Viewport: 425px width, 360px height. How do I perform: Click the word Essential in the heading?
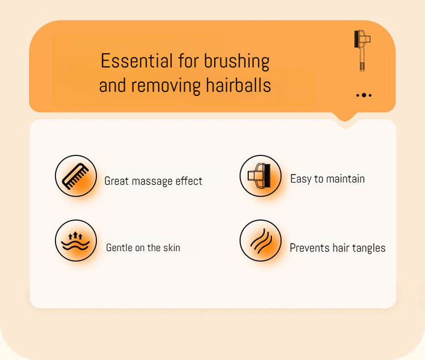tap(137, 61)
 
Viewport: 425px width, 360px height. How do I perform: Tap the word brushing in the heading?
tap(237, 62)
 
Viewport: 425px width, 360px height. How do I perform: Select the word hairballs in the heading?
tap(238, 85)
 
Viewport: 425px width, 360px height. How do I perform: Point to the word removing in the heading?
tap(165, 86)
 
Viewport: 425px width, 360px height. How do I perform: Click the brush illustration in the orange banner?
tap(362, 50)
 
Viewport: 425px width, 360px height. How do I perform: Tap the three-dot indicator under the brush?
tap(364, 95)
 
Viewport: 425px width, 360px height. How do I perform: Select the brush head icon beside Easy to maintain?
tap(260, 176)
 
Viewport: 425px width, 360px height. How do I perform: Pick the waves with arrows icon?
tap(75, 241)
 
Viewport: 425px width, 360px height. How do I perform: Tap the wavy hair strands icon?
tap(261, 241)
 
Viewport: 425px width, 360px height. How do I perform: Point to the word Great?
tap(117, 181)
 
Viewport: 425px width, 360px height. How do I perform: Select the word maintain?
tap(345, 179)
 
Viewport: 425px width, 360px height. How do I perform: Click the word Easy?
tap(301, 179)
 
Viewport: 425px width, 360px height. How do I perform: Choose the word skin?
tap(172, 248)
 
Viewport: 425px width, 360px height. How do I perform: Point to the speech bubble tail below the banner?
tap(345, 118)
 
